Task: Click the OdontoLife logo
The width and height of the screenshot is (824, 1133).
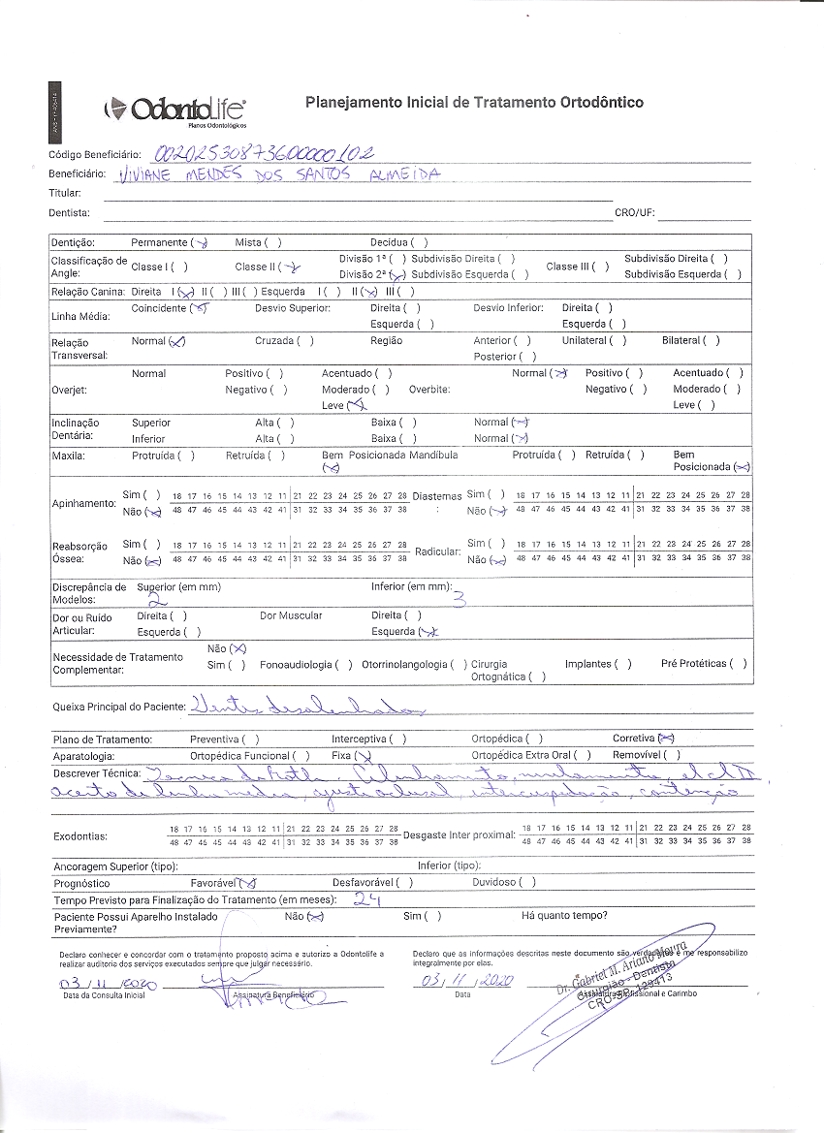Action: [175, 110]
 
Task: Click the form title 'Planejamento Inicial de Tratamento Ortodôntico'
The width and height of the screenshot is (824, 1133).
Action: [474, 102]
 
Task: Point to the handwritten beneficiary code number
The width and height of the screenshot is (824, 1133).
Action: [264, 152]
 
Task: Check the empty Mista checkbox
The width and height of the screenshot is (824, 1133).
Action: [272, 242]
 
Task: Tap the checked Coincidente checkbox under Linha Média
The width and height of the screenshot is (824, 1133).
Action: [199, 308]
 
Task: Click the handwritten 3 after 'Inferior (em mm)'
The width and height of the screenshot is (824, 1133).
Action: [460, 600]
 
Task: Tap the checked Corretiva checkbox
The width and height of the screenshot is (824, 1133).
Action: [666, 739]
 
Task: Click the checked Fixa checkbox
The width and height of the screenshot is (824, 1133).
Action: [364, 756]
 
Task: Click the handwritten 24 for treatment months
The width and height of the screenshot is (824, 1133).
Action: [365, 898]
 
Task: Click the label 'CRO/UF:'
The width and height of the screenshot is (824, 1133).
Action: [635, 213]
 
